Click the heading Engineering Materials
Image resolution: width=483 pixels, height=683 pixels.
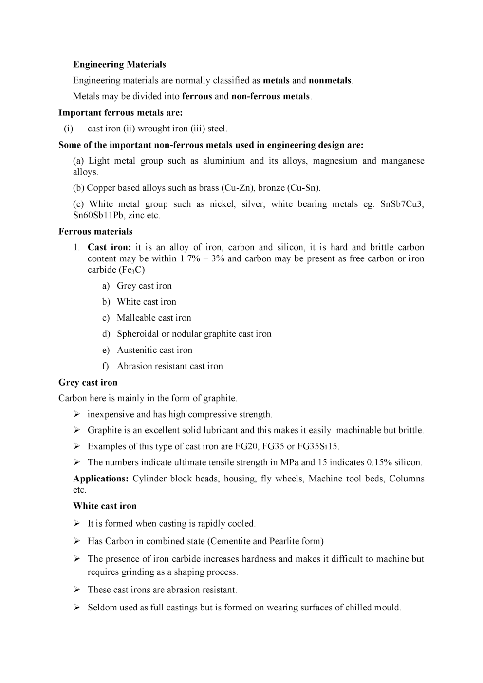click(x=119, y=64)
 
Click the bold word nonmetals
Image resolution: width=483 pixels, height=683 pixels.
click(x=330, y=80)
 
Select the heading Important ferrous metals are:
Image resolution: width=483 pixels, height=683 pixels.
click(x=120, y=112)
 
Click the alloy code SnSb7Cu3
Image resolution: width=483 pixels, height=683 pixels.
click(x=402, y=204)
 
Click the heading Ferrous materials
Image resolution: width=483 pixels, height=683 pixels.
click(x=95, y=231)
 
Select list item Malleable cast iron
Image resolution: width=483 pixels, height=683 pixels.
click(x=154, y=318)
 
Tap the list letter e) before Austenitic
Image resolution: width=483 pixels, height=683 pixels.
click(x=106, y=350)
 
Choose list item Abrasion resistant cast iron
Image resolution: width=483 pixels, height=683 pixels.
click(x=169, y=366)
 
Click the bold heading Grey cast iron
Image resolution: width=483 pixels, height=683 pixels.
click(x=88, y=382)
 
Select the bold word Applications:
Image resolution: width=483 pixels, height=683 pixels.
click(x=101, y=479)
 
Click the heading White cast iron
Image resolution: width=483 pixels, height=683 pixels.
click(x=105, y=506)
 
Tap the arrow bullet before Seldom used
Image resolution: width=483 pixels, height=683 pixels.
click(x=77, y=607)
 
